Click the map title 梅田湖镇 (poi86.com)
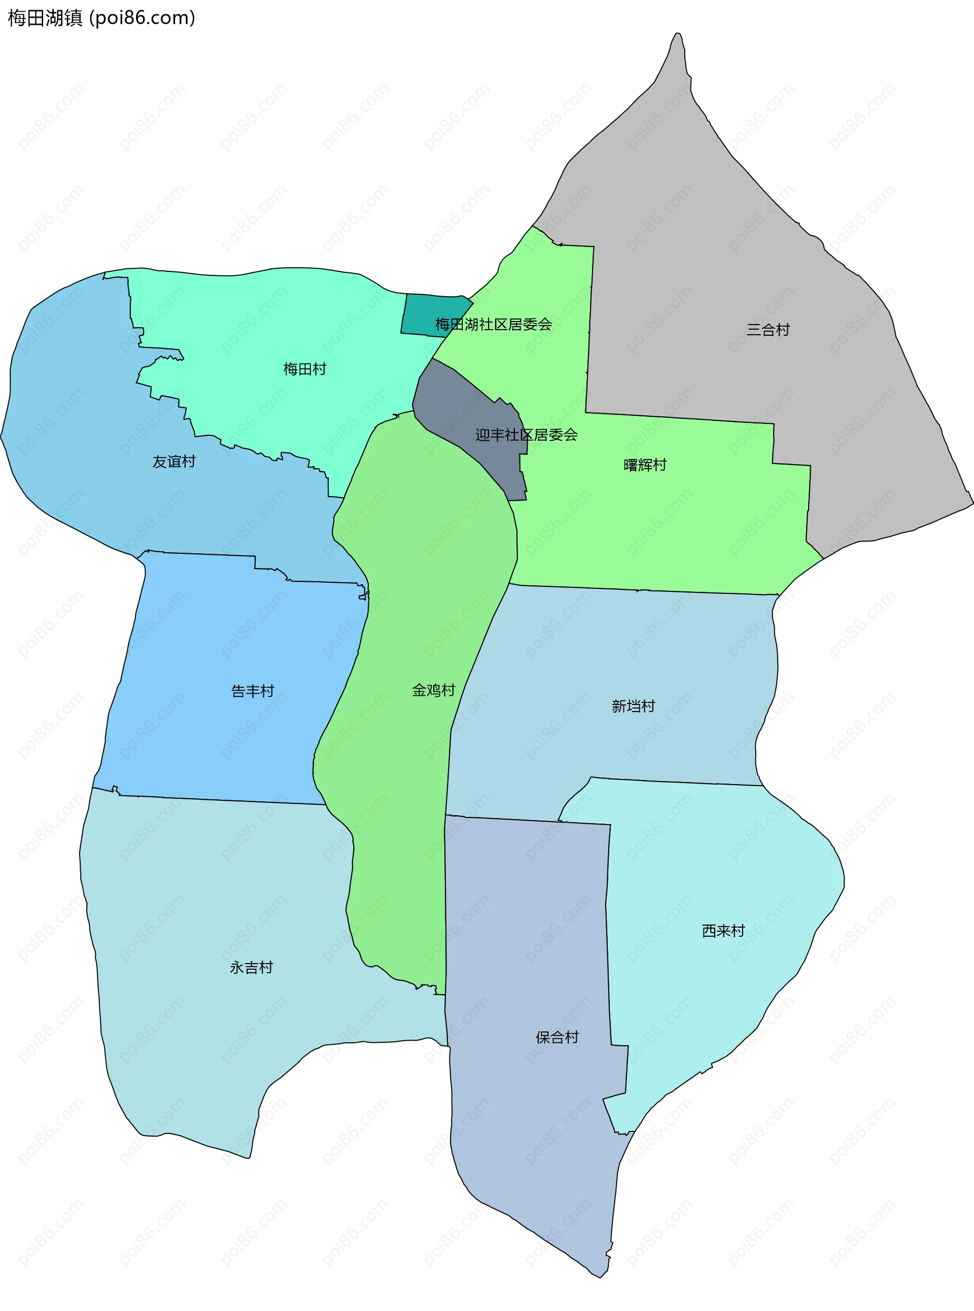pyautogui.click(x=101, y=18)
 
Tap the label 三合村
pyautogui.click(x=768, y=330)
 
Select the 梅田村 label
pyautogui.click(x=304, y=370)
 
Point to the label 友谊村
pyautogui.click(x=174, y=462)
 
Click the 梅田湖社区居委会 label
pyautogui.click(x=493, y=324)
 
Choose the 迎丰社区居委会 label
pyautogui.click(x=526, y=435)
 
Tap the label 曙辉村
pyautogui.click(x=644, y=465)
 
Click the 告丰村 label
pyautogui.click(x=252, y=691)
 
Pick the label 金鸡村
pyautogui.click(x=433, y=690)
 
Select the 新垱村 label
pyautogui.click(x=633, y=706)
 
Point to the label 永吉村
pyautogui.click(x=251, y=967)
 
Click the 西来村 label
pyautogui.click(x=723, y=931)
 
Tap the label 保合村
pyautogui.click(x=556, y=1037)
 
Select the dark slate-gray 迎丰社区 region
pyautogui.click(x=466, y=413)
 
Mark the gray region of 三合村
pyautogui.click(x=737, y=265)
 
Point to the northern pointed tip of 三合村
pyautogui.click(x=678, y=36)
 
